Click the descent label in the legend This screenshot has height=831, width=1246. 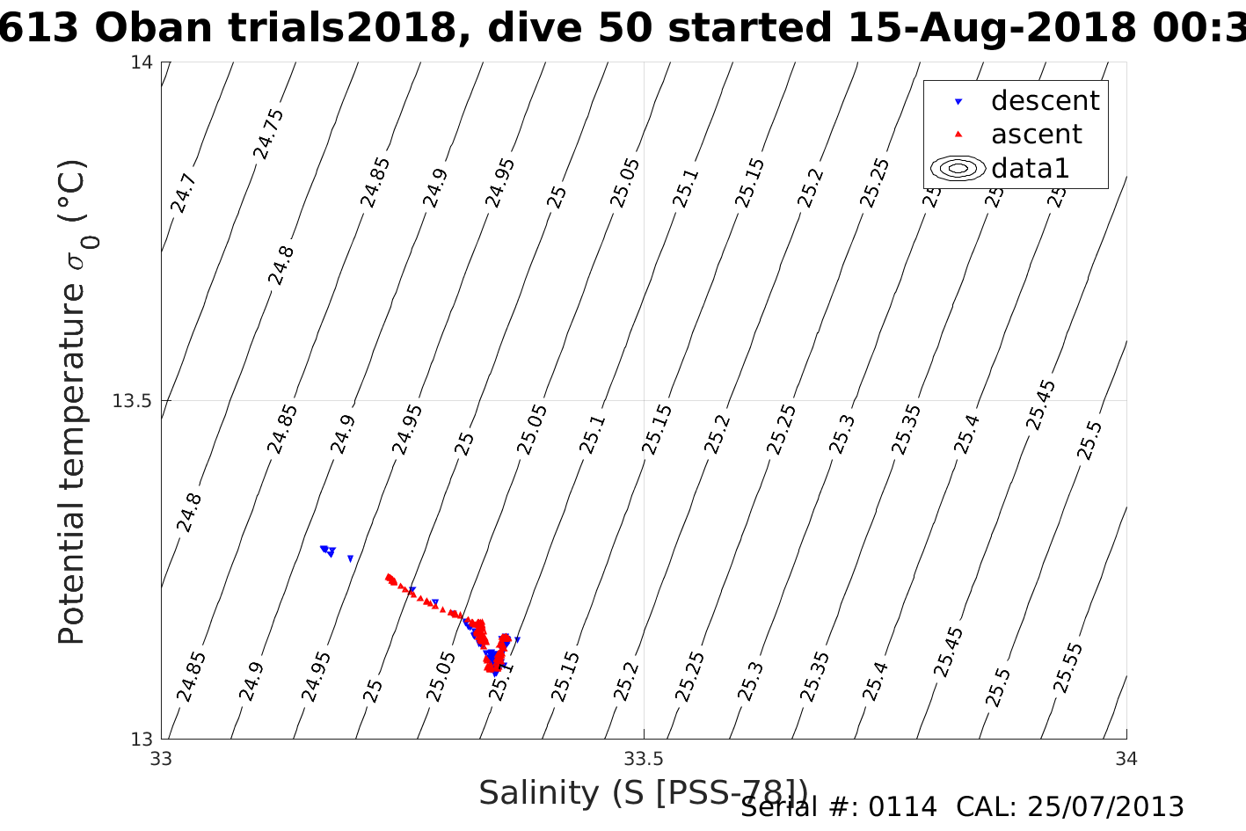[x=1045, y=101]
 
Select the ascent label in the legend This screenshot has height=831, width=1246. [x=1036, y=135]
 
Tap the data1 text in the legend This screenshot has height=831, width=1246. [x=1030, y=168]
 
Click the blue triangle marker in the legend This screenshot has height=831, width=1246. [x=958, y=102]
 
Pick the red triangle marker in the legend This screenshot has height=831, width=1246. [x=958, y=135]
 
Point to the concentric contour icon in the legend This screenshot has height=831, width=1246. [x=958, y=168]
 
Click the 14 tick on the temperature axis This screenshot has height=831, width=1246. [x=142, y=62]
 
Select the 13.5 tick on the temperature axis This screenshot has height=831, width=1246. [x=133, y=401]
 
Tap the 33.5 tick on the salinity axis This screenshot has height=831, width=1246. [x=644, y=758]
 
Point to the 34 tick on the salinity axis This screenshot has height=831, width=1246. [x=1126, y=758]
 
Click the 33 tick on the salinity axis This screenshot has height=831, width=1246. [x=161, y=758]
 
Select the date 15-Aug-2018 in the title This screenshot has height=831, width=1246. [x=991, y=28]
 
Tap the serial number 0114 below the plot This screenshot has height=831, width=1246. [x=902, y=807]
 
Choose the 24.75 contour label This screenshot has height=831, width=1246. [x=268, y=134]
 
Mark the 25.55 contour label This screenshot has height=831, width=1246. [x=1067, y=668]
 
